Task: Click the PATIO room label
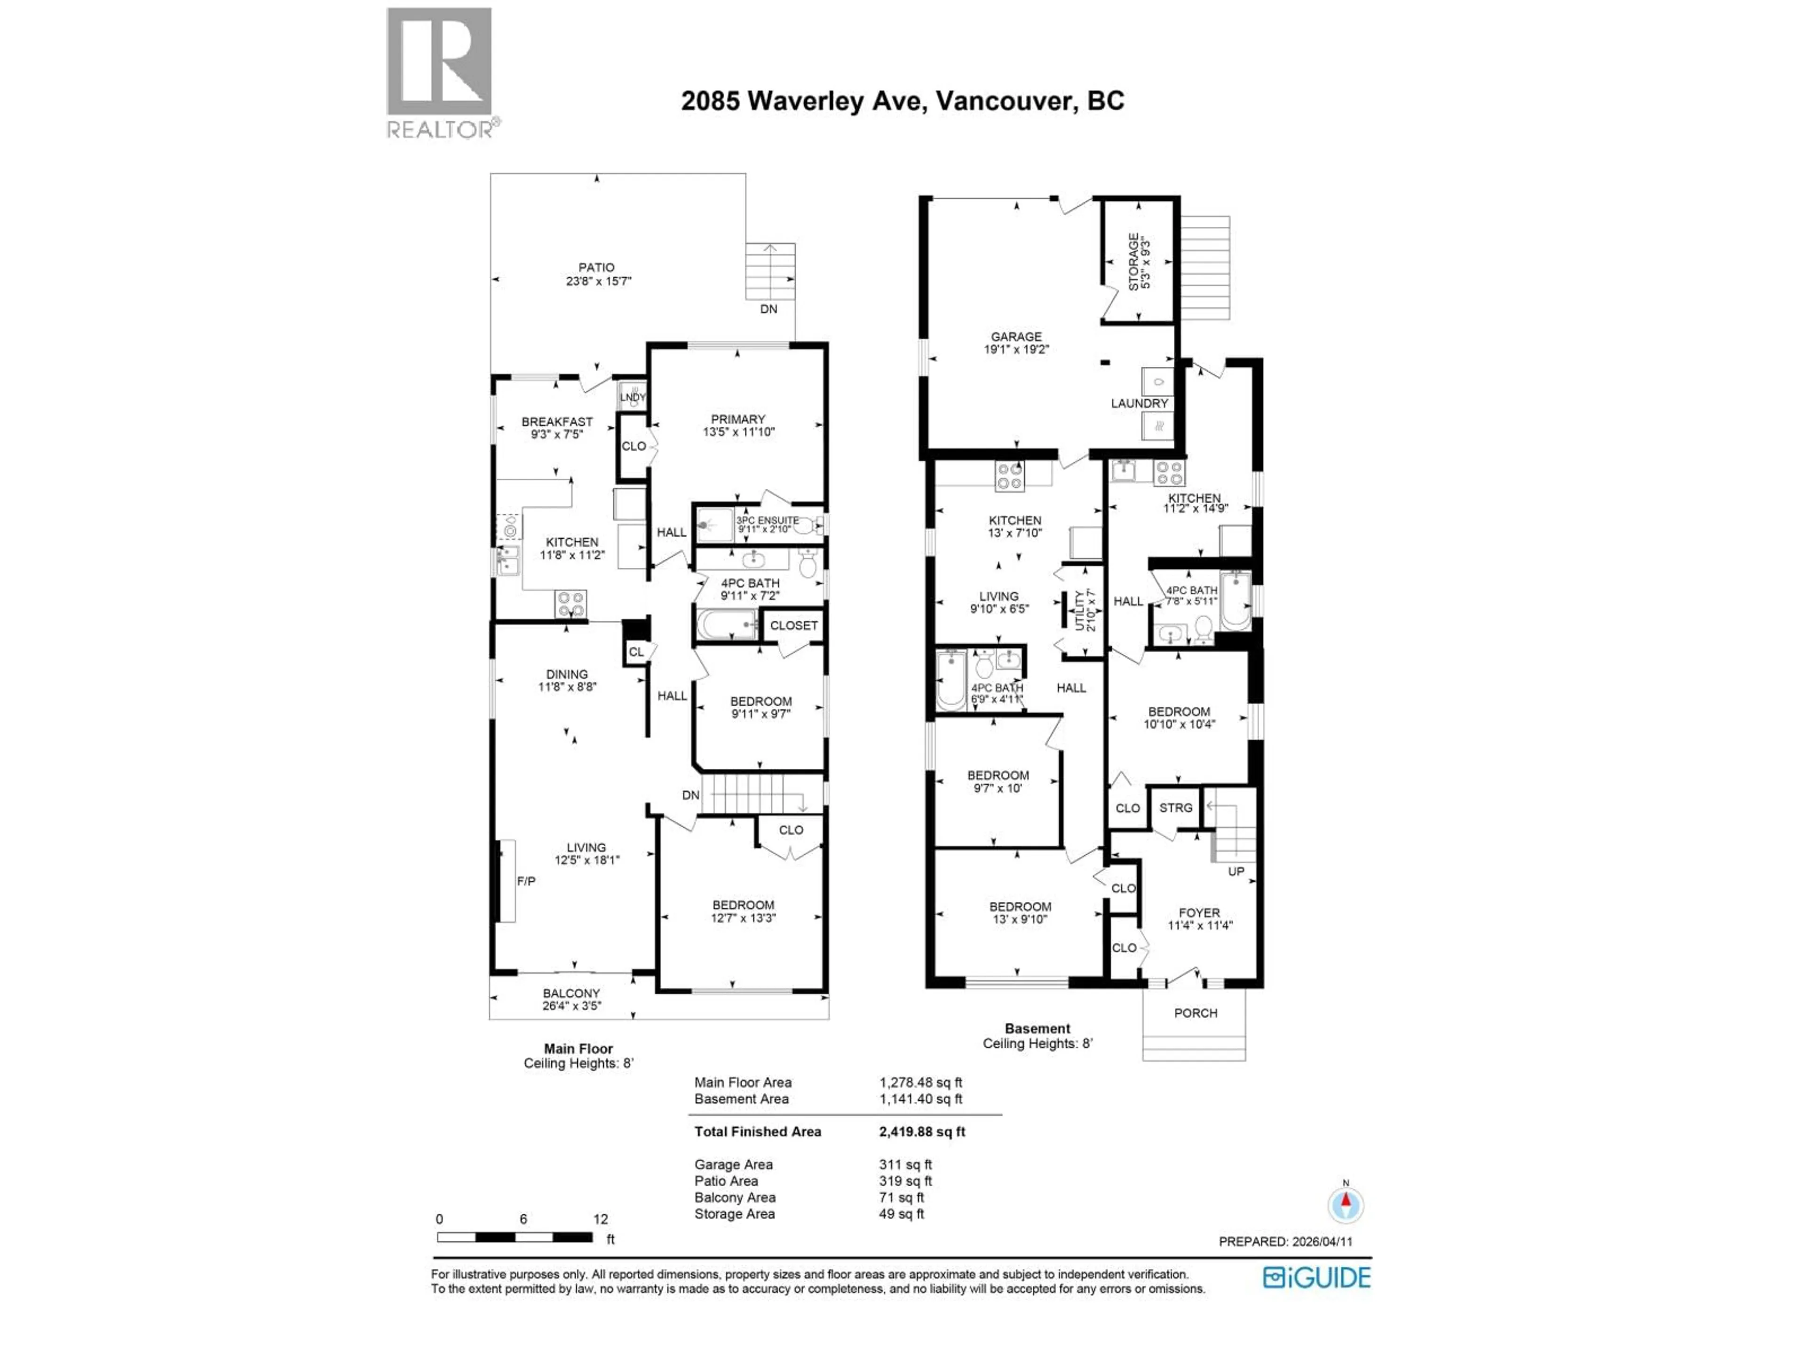point(597,274)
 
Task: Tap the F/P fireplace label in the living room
point(526,881)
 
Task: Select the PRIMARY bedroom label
point(738,425)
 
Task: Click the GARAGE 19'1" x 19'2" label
point(1016,342)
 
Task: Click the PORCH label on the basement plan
point(1195,1013)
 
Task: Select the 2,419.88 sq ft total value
point(922,1131)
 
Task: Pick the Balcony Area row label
point(735,1197)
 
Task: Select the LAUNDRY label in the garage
point(1139,404)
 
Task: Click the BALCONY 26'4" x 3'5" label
point(571,999)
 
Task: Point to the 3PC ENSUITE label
point(768,525)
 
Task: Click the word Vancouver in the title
point(1004,101)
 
